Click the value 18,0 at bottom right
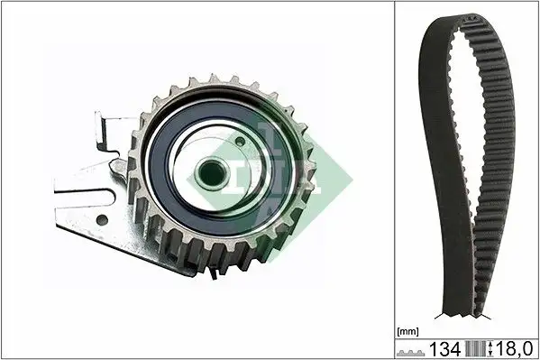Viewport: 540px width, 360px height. (517, 348)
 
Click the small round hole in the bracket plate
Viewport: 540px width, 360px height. (102, 219)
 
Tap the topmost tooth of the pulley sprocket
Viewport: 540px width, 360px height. (213, 80)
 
